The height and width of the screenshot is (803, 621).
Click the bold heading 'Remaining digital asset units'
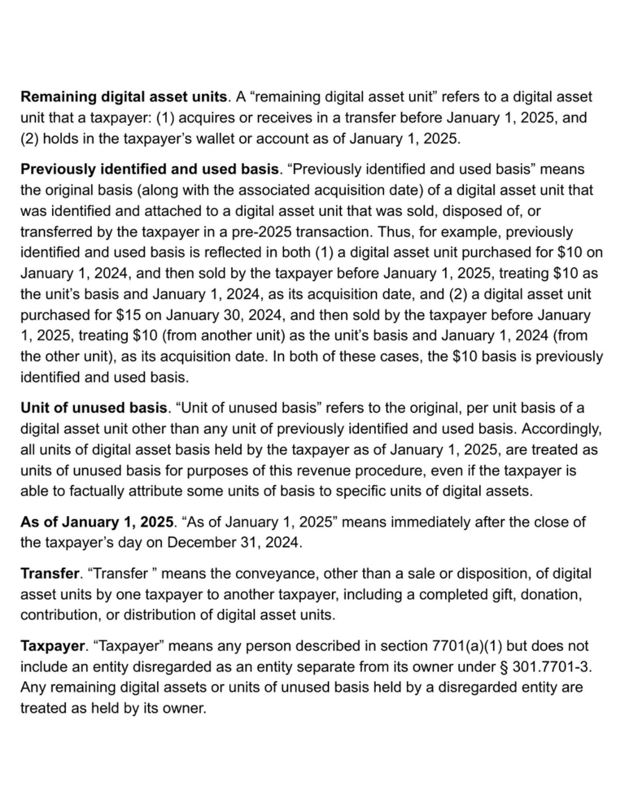pos(124,97)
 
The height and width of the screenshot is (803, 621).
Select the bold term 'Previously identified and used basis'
pos(150,169)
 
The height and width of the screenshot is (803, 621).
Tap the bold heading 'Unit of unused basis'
pos(94,408)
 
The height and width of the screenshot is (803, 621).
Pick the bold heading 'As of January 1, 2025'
pos(96,522)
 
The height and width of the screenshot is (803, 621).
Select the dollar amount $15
pos(128,315)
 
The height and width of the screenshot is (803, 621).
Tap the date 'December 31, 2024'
pos(233,543)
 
